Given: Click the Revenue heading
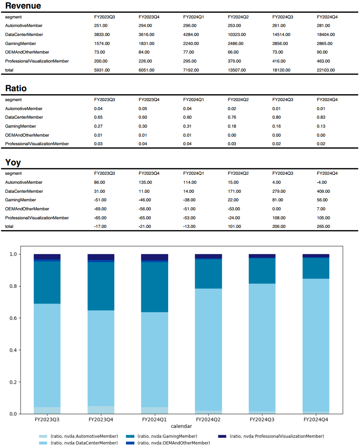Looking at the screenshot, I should click(23, 6).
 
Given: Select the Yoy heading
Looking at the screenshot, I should click(13, 162).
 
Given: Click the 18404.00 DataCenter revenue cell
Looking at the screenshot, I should click(326, 34).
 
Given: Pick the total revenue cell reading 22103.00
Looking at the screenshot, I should click(326, 70).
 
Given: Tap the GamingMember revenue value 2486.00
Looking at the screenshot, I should click(235, 43).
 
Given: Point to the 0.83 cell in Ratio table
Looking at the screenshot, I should click(321, 117).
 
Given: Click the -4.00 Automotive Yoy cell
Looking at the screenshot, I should click(322, 182).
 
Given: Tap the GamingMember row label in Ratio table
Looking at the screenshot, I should click(21, 126).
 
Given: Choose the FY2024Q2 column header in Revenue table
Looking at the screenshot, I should click(238, 17).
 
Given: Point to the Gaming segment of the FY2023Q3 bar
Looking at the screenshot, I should click(47, 282).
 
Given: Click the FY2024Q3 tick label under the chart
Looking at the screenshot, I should click(262, 420).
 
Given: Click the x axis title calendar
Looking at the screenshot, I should click(181, 426).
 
